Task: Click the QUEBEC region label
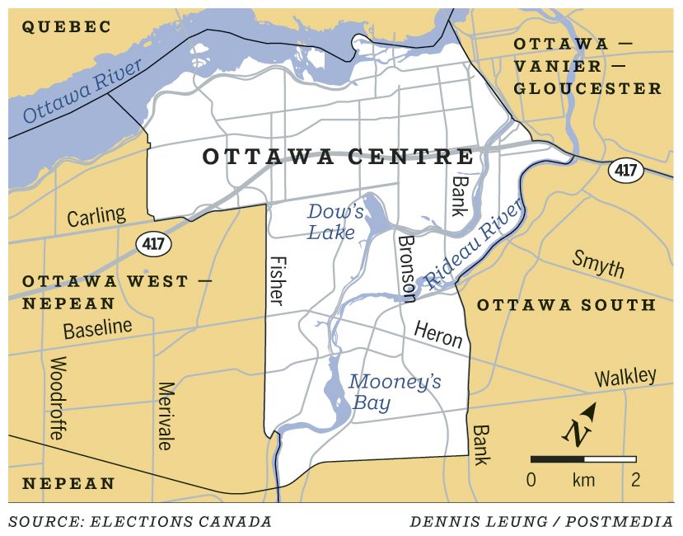pos(66,27)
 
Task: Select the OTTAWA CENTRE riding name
pos(338,157)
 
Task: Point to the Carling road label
pos(96,218)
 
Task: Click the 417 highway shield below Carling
pos(150,243)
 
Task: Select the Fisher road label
pos(278,279)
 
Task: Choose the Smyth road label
pos(599,263)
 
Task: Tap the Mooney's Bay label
pos(382,393)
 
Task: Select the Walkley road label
pos(625,378)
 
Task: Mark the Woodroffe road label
pos(58,399)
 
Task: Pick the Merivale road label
pos(166,416)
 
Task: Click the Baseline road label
pos(97,329)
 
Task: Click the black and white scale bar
pos(583,458)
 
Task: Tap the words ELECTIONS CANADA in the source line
pos(181,521)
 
